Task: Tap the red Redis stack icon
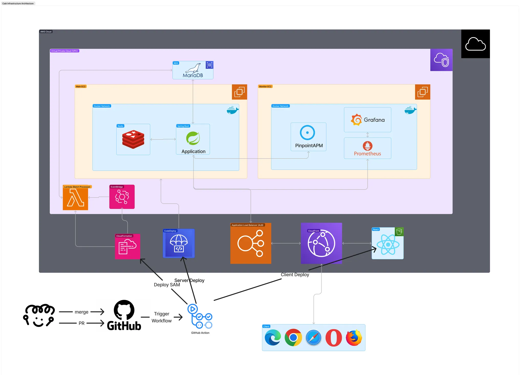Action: (x=133, y=139)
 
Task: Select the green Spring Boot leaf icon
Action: (x=193, y=138)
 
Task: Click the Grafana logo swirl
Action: (x=356, y=120)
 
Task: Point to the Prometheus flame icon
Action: (x=367, y=146)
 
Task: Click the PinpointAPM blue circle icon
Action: (x=307, y=133)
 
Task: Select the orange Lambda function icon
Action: (x=75, y=197)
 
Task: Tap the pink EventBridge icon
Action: (x=122, y=197)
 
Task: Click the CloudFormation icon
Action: (x=127, y=247)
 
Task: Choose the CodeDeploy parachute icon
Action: (x=179, y=243)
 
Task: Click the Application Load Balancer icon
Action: (x=251, y=243)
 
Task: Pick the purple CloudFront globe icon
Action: (x=321, y=243)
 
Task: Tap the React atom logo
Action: (x=388, y=245)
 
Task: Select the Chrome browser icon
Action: (x=293, y=338)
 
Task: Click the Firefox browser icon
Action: (x=354, y=338)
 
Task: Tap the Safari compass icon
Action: (x=313, y=338)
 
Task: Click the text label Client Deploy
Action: (x=295, y=274)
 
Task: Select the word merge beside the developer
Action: (x=82, y=312)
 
